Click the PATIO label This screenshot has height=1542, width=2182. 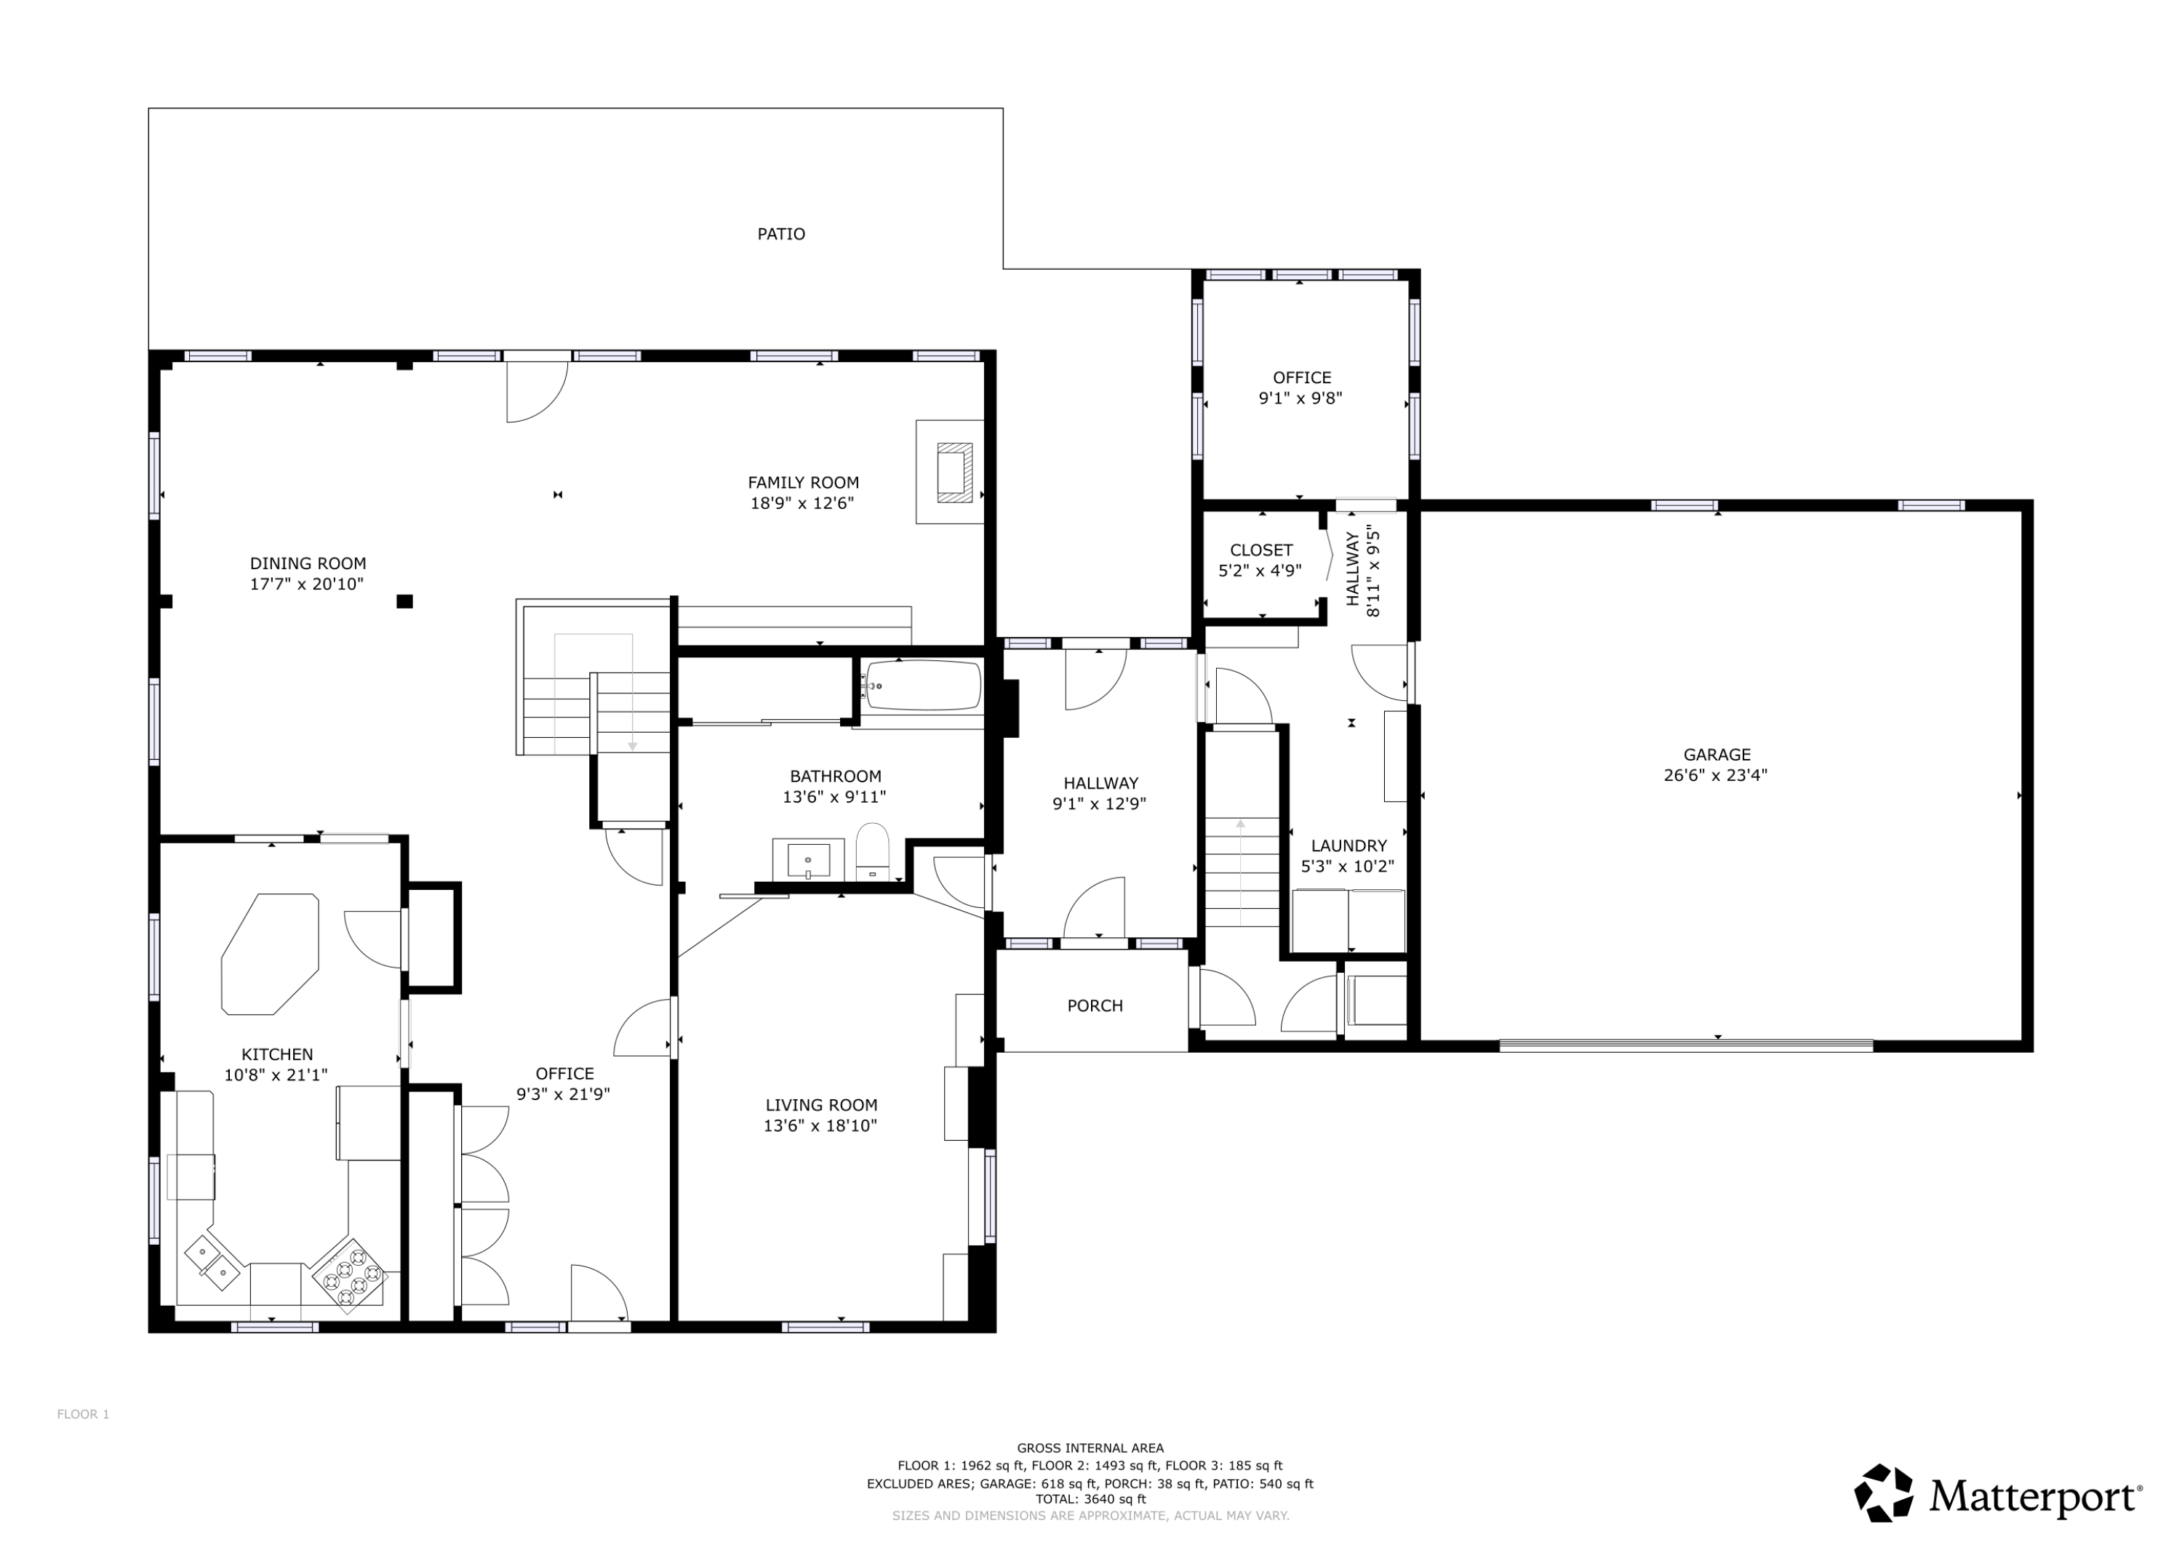pos(780,233)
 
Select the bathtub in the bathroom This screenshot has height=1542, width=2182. pos(923,684)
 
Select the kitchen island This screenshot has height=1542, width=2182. pos(270,954)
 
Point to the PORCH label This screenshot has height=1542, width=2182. pos(1095,1006)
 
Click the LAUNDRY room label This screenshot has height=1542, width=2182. pos(1348,846)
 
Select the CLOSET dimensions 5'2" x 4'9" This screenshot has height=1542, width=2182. pos(1260,571)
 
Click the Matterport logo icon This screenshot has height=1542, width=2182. pos(1884,1493)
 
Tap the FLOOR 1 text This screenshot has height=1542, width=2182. pos(83,1415)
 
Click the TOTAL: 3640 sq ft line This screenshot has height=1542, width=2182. pos(1090,1499)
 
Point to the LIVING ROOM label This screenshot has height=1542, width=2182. pos(821,1105)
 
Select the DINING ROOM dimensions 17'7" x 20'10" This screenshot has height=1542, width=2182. pos(307,585)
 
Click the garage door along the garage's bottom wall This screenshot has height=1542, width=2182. pos(1686,1045)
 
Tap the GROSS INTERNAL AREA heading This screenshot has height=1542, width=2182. pos(1090,1449)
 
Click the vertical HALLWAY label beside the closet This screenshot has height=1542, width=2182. pos(1352,568)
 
